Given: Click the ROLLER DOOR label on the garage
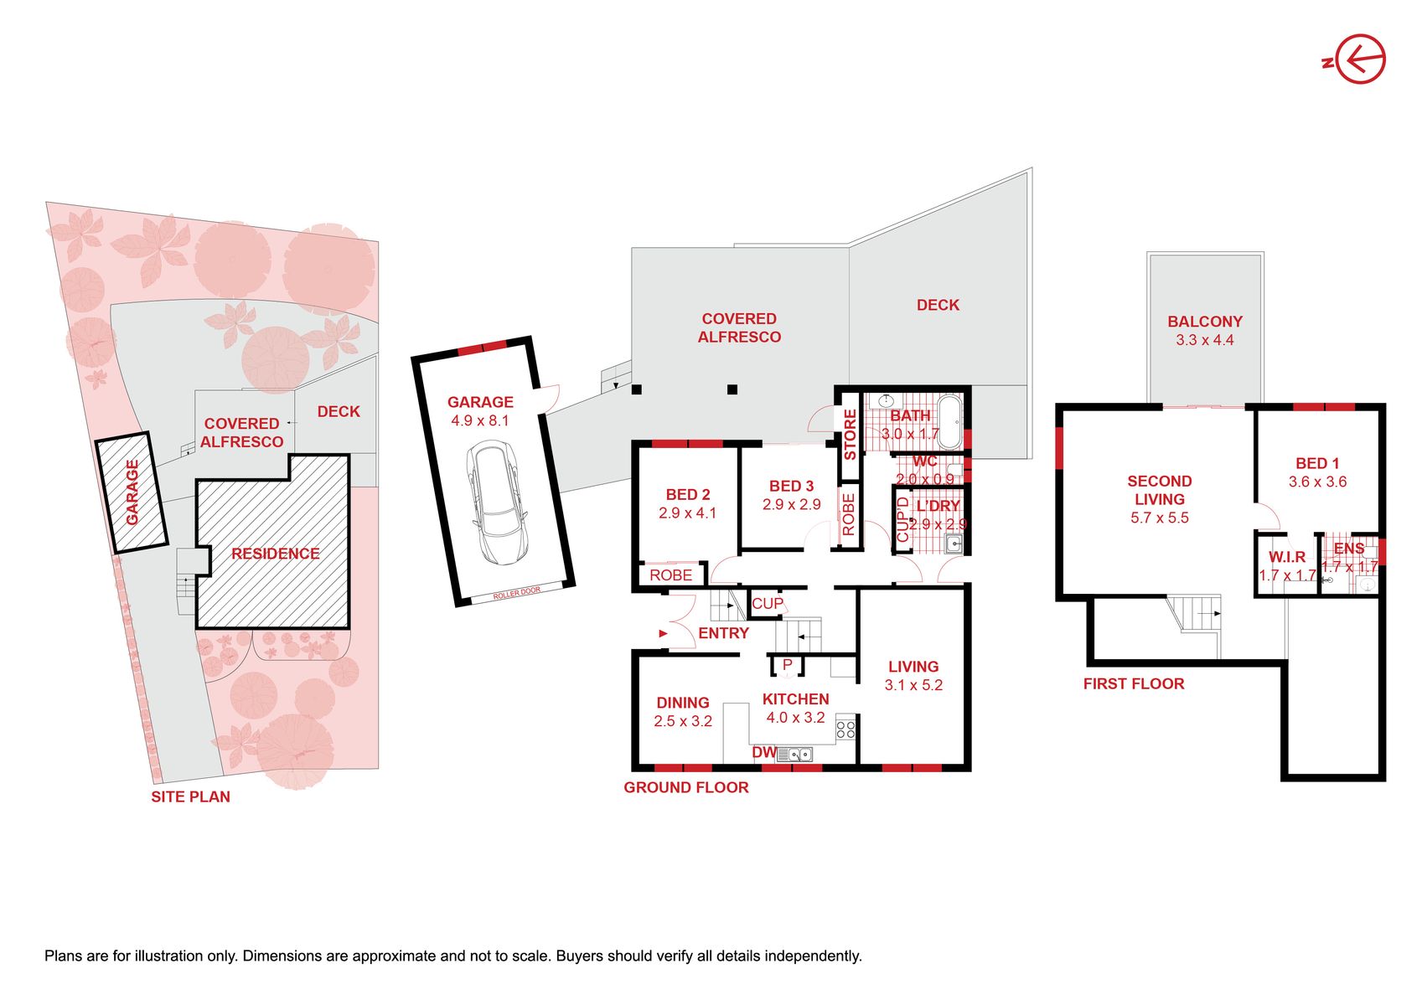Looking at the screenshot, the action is tap(517, 593).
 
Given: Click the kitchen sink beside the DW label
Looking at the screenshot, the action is tap(795, 754).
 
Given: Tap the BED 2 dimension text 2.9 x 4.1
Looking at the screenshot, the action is tap(687, 513).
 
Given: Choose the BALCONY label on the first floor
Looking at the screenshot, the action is tap(1205, 321).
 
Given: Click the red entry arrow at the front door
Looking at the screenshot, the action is tap(662, 633).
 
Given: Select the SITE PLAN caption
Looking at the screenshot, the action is tap(190, 797).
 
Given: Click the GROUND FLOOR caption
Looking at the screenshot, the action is tap(685, 787).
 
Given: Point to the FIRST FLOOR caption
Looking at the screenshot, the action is tap(1134, 684).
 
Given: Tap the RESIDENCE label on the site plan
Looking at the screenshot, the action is tap(275, 554).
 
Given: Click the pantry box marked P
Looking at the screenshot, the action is tap(787, 666).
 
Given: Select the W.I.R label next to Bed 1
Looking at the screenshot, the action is tap(1287, 557).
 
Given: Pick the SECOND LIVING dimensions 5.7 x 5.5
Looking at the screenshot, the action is tap(1159, 518).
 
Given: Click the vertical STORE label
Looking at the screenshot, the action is tap(850, 435).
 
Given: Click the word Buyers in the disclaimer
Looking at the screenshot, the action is tap(581, 956).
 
